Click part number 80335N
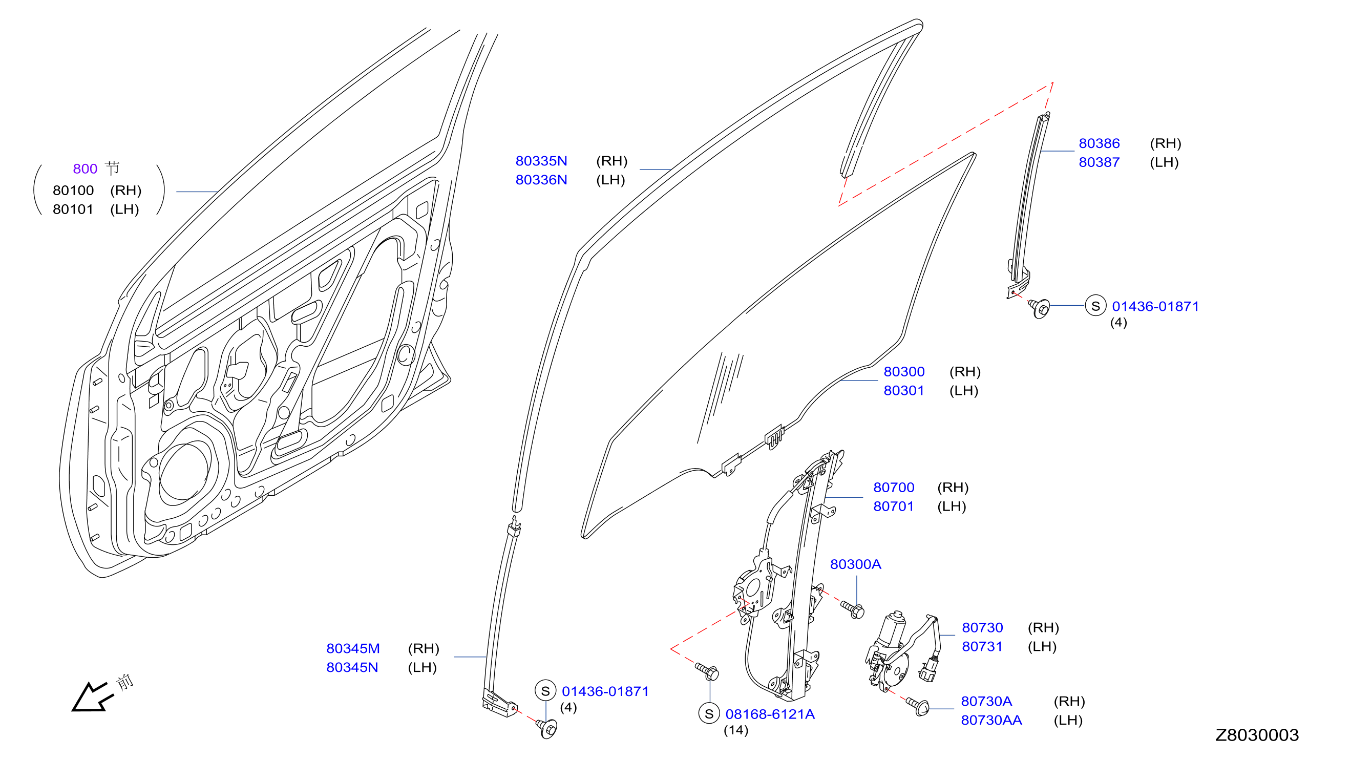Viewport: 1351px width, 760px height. pyautogui.click(x=541, y=161)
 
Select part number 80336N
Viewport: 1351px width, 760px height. pyautogui.click(x=541, y=180)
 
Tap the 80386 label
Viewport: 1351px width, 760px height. pyautogui.click(x=1099, y=143)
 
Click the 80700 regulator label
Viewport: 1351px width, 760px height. pyautogui.click(x=893, y=487)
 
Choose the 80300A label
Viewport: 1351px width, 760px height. pyautogui.click(x=855, y=564)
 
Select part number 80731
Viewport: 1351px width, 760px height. pyautogui.click(x=982, y=646)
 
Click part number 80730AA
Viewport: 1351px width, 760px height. pyautogui.click(x=991, y=720)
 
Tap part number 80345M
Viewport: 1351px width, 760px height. pyautogui.click(x=353, y=648)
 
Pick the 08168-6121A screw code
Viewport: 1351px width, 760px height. pyautogui.click(x=770, y=714)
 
